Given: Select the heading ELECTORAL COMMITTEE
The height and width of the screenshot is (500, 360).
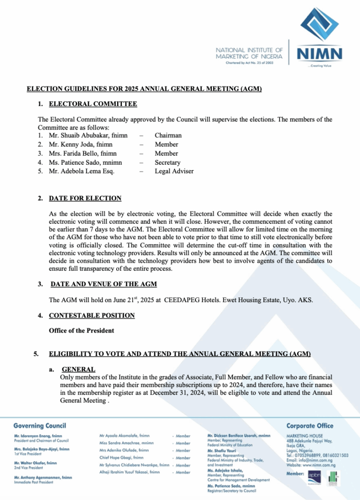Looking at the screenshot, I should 93,104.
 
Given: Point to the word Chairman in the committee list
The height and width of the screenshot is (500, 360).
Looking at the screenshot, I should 168,136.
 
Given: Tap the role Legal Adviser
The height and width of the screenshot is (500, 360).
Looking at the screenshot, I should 174,171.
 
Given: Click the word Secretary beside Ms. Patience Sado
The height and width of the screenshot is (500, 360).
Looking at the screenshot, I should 167,162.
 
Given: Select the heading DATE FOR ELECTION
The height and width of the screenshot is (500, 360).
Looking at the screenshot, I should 85,198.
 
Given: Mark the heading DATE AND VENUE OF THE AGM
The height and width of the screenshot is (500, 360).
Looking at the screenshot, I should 104,284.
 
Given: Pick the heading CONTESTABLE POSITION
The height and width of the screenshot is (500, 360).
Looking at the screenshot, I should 91,316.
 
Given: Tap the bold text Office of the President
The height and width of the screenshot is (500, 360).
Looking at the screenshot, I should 81,331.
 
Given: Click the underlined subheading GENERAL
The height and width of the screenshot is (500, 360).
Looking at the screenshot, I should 78,370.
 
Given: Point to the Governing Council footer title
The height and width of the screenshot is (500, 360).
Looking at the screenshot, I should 40,426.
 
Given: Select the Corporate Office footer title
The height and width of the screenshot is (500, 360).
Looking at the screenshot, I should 310,426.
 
